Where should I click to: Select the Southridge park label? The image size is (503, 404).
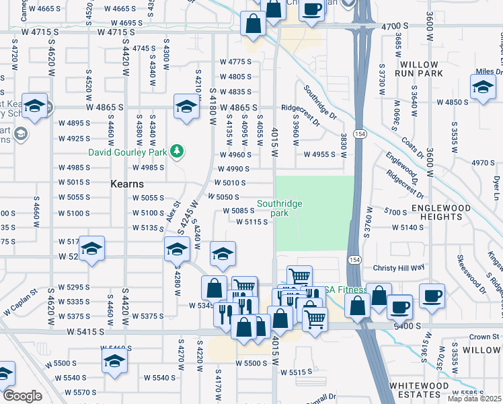(x=280, y=208)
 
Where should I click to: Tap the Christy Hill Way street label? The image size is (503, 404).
(x=399, y=267)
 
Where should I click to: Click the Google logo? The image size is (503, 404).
(x=22, y=396)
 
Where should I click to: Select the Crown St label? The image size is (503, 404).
(x=483, y=337)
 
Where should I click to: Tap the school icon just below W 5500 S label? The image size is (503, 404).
(x=115, y=364)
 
